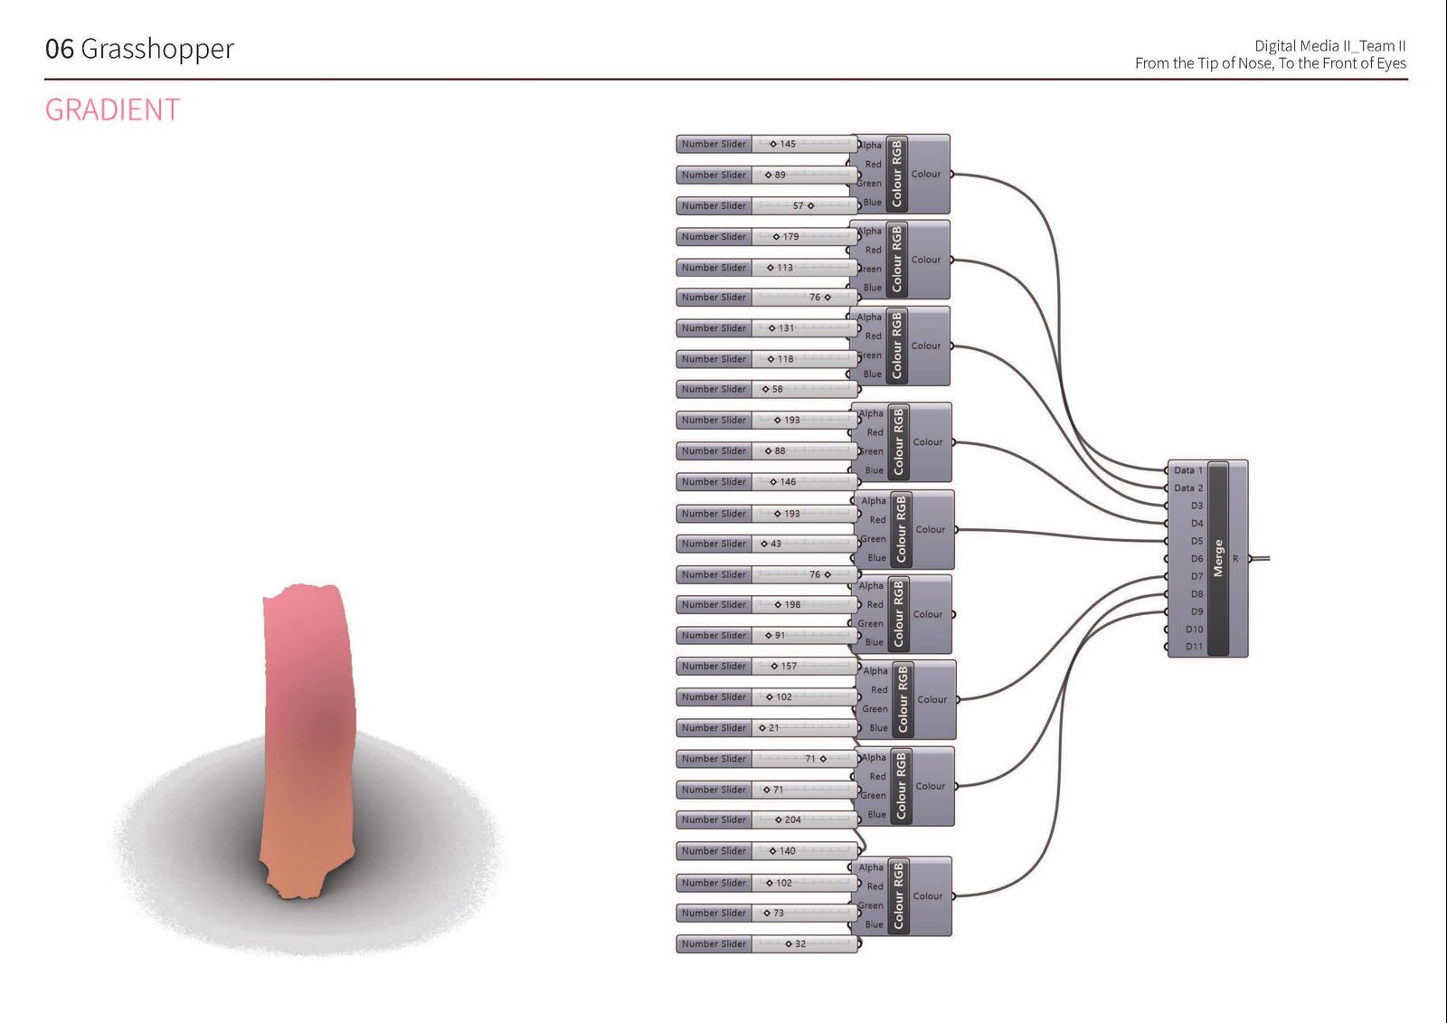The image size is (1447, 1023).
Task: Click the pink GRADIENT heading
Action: pos(112,109)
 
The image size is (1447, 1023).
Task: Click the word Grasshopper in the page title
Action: pos(157,49)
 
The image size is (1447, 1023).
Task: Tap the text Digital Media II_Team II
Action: pos(1329,45)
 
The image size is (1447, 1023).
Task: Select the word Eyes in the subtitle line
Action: pos(1391,63)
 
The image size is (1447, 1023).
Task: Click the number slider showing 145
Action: pos(767,144)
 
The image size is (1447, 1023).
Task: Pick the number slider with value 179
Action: pos(767,237)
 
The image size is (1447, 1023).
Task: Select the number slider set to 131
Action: pos(767,328)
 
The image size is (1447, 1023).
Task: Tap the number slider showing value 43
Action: pos(767,544)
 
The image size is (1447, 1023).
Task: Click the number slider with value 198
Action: pos(767,604)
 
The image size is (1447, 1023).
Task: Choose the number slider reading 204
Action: pos(767,819)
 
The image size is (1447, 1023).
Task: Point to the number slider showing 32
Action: pos(767,943)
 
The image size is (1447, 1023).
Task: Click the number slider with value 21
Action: pos(767,727)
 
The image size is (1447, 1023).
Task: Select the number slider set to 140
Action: pos(767,851)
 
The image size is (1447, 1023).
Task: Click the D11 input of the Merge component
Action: pos(1193,647)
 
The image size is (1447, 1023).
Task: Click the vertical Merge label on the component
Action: pos(1218,558)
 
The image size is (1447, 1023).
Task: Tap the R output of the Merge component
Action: pos(1236,559)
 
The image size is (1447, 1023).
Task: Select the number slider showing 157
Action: pos(767,666)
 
